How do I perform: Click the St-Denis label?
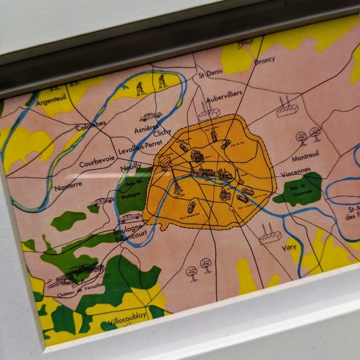coord(210,76)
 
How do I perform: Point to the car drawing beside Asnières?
coord(150,116)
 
